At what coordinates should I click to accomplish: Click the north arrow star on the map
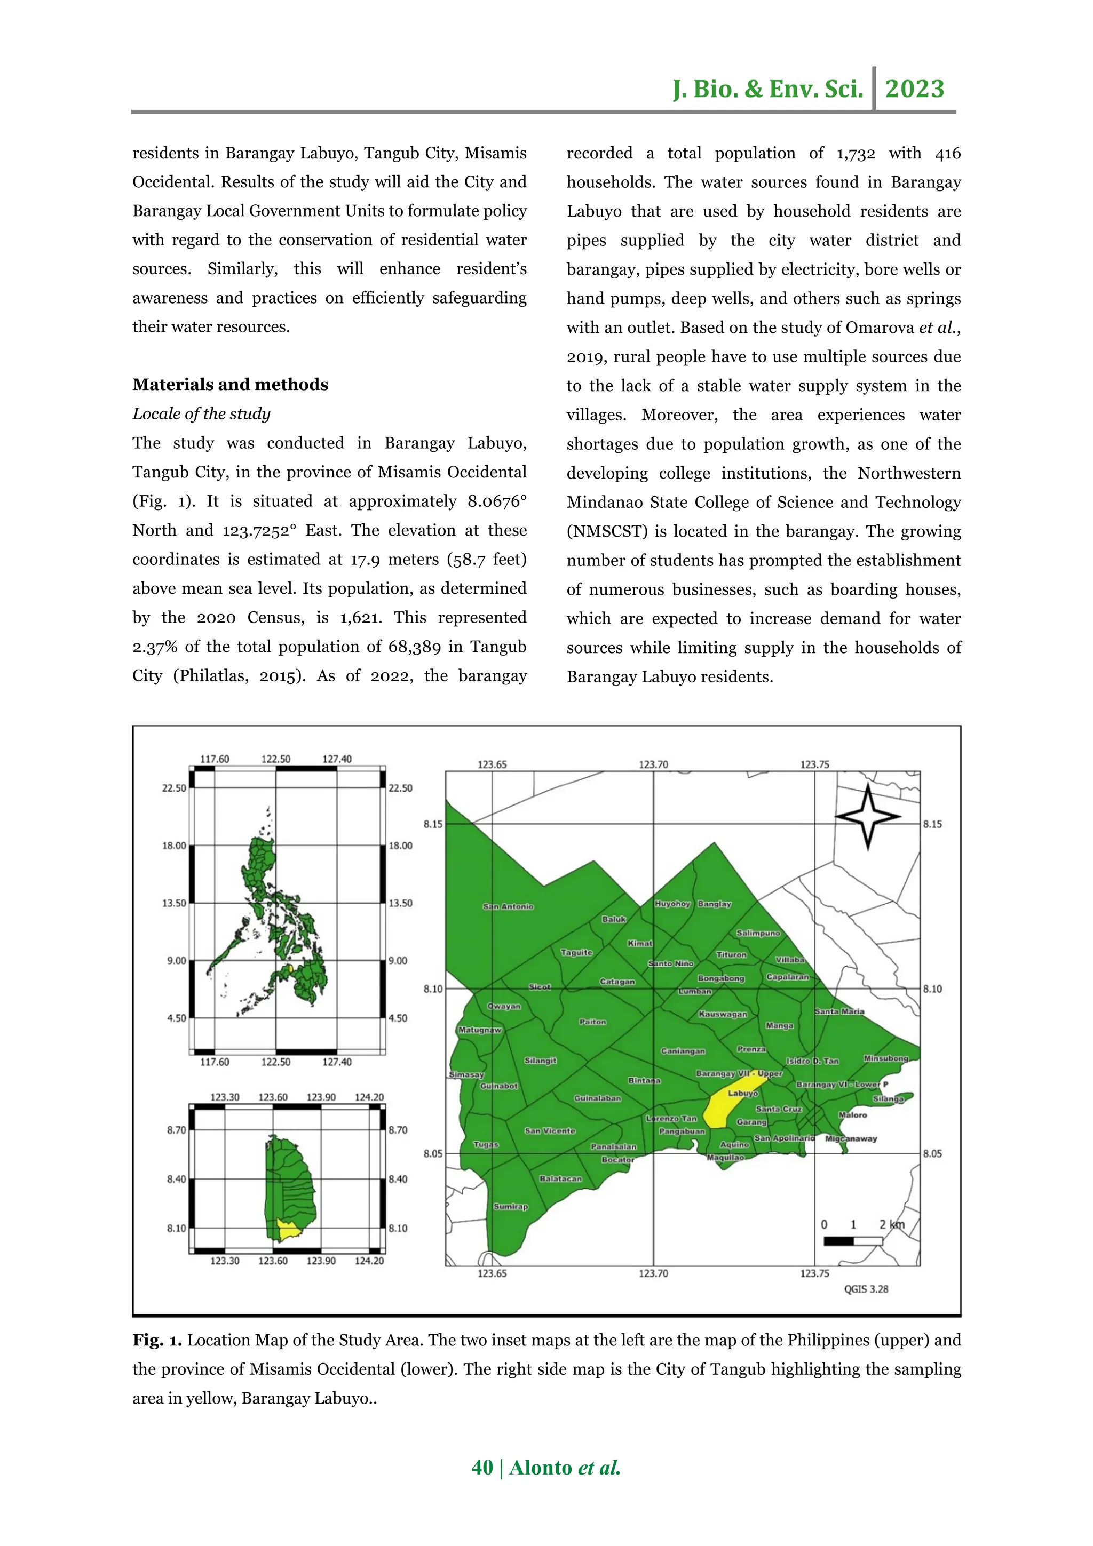pos(867,817)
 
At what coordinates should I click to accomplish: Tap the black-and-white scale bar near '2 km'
pos(853,1240)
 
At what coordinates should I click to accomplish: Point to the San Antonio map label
pos(508,906)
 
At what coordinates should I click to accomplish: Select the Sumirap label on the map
pos(510,1206)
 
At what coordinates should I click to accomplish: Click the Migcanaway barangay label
pos(851,1138)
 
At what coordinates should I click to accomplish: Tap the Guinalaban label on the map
pos(597,1098)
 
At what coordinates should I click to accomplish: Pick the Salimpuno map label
pos(758,933)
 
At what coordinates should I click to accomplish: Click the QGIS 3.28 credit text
pos(866,1289)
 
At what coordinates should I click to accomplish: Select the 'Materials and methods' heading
pos(231,385)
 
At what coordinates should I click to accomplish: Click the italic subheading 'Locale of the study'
pos(201,413)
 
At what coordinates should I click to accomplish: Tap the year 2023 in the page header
pos(915,89)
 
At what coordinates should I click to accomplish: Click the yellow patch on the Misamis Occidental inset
pos(289,1231)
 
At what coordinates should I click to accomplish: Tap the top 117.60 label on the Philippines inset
pos(214,759)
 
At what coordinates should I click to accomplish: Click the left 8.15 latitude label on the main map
pos(433,824)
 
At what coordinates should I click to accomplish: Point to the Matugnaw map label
pos(479,1030)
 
